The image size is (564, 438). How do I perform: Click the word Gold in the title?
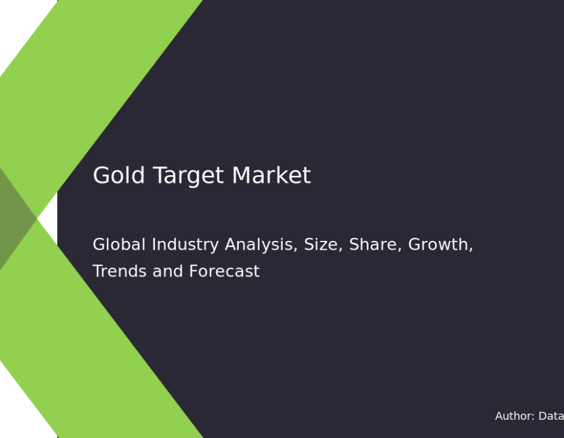118,175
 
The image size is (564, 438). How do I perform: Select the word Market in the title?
271,175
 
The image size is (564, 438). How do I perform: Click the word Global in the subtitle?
119,245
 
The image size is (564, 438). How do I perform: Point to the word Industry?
185,245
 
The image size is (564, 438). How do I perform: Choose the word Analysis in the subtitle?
261,245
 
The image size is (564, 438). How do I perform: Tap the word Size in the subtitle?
323,245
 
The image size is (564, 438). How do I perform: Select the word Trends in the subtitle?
120,272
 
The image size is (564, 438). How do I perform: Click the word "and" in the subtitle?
167,272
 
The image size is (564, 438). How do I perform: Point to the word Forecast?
224,272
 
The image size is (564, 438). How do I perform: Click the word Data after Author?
551,416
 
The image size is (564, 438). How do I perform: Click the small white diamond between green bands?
48,218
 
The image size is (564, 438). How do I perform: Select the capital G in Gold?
101,175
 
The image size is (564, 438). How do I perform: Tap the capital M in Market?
242,175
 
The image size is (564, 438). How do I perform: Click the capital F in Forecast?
194,272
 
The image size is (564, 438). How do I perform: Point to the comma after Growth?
471,249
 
